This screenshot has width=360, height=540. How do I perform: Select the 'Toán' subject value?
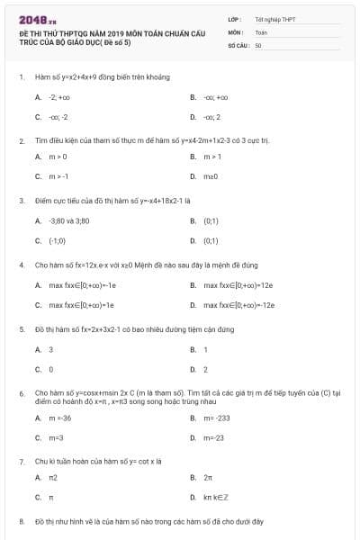261,31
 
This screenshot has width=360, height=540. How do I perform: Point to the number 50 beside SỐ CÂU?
258,44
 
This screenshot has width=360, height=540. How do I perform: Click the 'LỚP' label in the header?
235,18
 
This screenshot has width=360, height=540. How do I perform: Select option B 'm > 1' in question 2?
211,157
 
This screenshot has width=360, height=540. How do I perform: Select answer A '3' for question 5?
50,349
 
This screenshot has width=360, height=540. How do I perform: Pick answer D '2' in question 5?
206,369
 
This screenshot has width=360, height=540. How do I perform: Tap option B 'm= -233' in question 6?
216,418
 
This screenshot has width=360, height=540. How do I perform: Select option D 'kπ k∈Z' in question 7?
214,497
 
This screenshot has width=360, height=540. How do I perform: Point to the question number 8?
22,521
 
